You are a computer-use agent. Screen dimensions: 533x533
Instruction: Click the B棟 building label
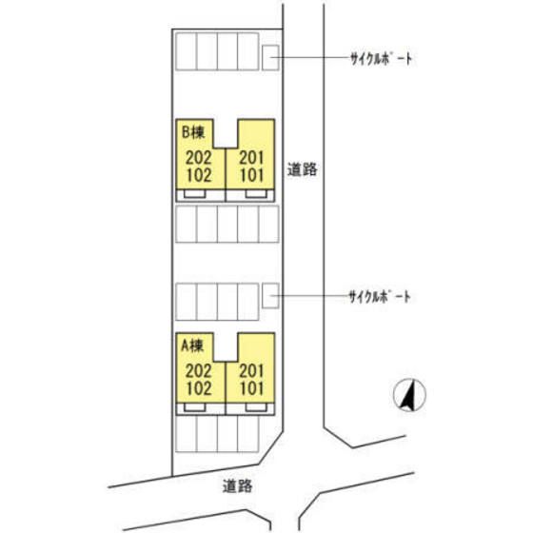point(193,132)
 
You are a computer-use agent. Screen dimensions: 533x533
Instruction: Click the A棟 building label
point(192,345)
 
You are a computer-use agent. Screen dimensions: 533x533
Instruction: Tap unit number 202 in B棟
point(199,158)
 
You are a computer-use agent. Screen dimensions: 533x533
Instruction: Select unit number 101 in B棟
point(252,175)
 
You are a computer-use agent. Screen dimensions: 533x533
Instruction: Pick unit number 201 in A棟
point(251,371)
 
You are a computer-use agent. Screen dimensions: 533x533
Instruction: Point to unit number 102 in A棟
point(199,388)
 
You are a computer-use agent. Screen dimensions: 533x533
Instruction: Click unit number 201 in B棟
point(251,158)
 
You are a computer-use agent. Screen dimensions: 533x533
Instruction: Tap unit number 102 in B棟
point(199,175)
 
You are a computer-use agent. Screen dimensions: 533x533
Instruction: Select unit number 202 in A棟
point(199,371)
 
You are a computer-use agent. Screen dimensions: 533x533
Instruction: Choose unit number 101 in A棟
point(252,388)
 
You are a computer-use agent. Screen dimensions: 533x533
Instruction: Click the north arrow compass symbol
point(409,395)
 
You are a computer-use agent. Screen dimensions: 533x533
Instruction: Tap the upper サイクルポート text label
point(382,59)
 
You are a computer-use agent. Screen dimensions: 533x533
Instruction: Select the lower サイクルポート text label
point(380,297)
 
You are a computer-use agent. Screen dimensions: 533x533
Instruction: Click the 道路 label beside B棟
point(303,169)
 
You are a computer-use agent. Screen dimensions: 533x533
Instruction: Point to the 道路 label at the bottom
point(238,485)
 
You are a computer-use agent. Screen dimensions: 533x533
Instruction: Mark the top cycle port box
point(270,58)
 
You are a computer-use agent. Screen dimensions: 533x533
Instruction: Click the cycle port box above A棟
point(270,296)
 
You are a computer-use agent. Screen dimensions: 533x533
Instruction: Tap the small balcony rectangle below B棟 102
point(195,194)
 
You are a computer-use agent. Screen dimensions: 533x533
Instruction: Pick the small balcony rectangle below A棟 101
point(256,407)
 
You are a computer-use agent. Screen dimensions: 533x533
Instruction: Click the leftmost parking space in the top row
point(187,51)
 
